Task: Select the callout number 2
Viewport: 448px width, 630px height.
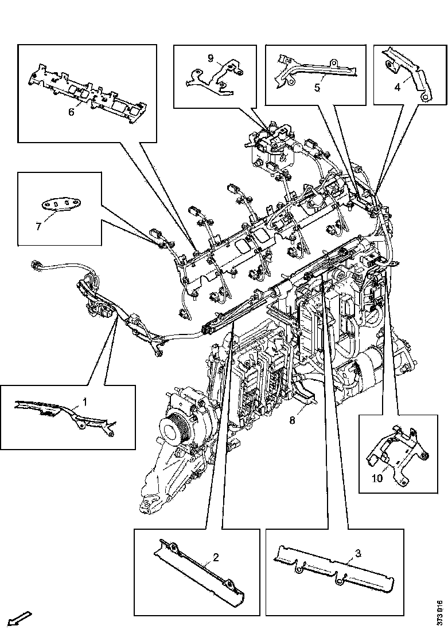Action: coord(216,557)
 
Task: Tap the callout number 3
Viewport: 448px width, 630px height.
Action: coord(358,553)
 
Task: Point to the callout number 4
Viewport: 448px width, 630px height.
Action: coord(397,88)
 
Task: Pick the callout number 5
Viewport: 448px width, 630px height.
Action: coord(315,88)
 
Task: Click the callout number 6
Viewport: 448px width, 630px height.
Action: coord(71,112)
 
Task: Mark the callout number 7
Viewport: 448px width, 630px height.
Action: coord(38,226)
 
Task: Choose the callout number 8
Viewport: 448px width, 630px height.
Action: coord(292,420)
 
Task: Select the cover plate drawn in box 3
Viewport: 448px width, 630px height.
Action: coord(333,568)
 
